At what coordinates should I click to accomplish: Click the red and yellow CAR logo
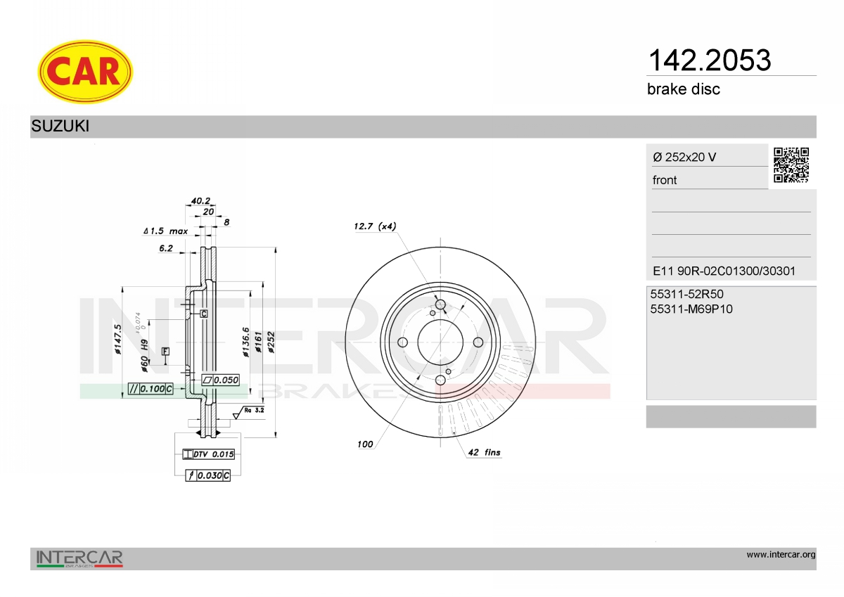(x=85, y=72)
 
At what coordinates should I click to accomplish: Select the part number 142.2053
(x=710, y=60)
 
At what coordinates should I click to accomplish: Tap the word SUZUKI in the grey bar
(x=60, y=126)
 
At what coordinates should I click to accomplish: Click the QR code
(x=791, y=165)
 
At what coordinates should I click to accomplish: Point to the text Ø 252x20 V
(x=684, y=157)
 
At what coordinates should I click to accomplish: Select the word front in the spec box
(x=665, y=180)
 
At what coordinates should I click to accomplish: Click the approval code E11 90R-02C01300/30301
(x=724, y=271)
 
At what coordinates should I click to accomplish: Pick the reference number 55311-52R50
(x=686, y=294)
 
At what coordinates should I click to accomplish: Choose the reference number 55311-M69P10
(x=691, y=309)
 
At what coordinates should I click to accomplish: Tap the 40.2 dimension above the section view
(x=200, y=200)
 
